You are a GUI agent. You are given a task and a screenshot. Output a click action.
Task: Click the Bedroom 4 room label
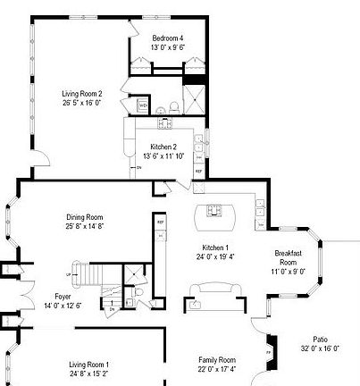pyautogui.click(x=167, y=38)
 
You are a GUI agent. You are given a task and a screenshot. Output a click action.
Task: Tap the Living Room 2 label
pyautogui.click(x=81, y=93)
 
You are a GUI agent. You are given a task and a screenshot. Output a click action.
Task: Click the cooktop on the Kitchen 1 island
pyautogui.click(x=215, y=211)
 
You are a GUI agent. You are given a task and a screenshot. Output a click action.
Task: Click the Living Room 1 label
pyautogui.click(x=90, y=365)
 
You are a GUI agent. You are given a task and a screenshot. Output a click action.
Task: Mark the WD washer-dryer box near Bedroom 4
pyautogui.click(x=143, y=105)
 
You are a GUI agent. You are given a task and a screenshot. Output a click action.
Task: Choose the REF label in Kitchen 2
pyautogui.click(x=198, y=170)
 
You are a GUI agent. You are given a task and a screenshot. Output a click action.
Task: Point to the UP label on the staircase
pyautogui.click(x=68, y=274)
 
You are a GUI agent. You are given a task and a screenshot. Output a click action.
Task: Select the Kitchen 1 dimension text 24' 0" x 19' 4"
pyautogui.click(x=214, y=256)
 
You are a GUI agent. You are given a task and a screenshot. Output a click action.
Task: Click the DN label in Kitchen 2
pyautogui.click(x=138, y=166)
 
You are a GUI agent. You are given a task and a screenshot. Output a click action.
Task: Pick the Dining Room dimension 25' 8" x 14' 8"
pyautogui.click(x=85, y=226)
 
